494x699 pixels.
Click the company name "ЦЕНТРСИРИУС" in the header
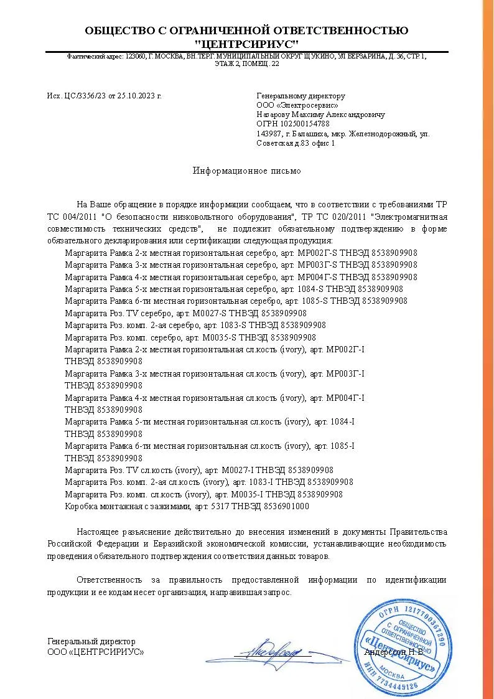pos(246,44)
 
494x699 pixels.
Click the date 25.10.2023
pos(137,96)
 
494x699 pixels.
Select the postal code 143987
pos(268,134)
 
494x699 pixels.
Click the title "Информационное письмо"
pos(246,171)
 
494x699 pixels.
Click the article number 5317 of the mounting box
pos(221,506)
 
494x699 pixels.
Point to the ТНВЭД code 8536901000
pos(288,506)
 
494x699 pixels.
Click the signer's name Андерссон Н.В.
pos(394,652)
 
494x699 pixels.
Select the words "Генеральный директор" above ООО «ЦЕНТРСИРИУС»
pos(91,642)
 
